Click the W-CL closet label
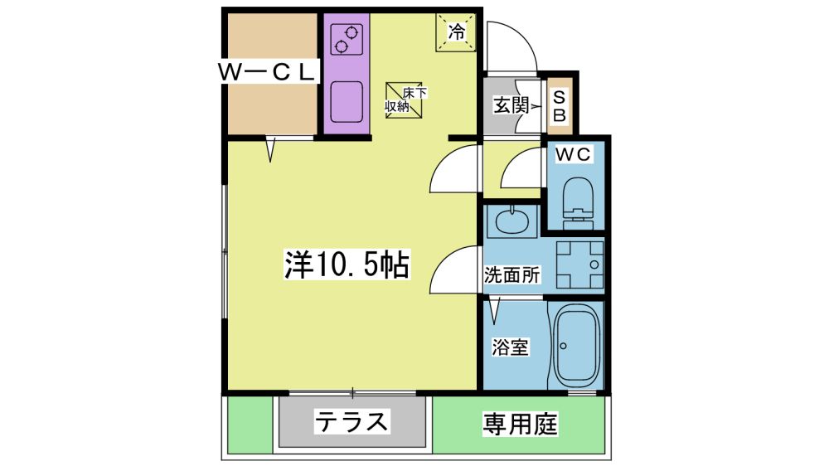click(267, 71)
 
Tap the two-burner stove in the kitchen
click(347, 40)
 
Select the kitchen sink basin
click(347, 101)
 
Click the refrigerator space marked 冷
click(456, 32)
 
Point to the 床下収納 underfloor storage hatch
click(405, 100)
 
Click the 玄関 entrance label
click(511, 104)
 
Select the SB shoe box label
click(559, 106)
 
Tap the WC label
click(573, 154)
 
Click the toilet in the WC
click(578, 203)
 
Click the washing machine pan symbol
click(579, 264)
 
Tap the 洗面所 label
click(512, 275)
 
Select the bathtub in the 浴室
click(576, 347)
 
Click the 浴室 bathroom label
click(510, 347)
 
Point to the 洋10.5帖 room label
click(347, 265)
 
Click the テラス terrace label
click(351, 421)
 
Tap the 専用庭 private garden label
click(520, 424)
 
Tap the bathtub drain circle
click(563, 347)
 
